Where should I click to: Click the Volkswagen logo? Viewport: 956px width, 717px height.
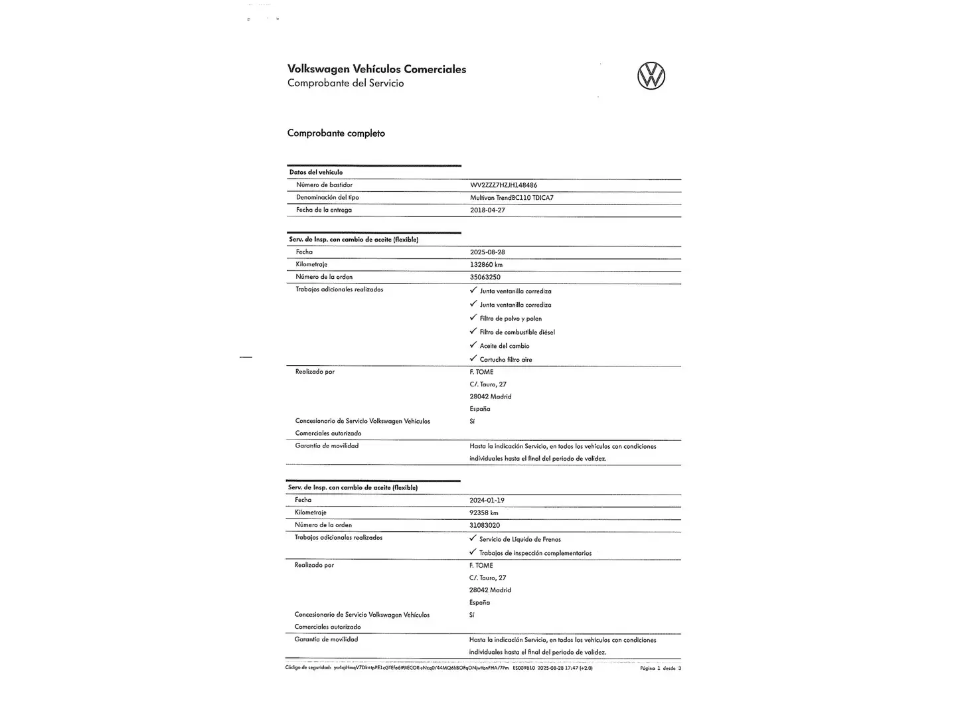(x=651, y=76)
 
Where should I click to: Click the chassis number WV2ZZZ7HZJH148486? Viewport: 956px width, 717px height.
(x=503, y=185)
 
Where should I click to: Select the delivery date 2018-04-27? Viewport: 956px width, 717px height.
(x=487, y=210)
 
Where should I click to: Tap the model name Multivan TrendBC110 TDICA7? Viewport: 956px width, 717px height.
(x=511, y=198)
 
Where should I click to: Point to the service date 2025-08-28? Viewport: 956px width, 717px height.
(x=487, y=252)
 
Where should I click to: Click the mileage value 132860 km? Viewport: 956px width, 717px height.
(x=486, y=264)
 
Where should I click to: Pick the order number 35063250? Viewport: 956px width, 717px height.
(x=485, y=277)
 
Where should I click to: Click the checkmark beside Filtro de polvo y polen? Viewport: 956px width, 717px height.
(x=473, y=318)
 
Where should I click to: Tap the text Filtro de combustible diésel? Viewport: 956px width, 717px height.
(x=517, y=332)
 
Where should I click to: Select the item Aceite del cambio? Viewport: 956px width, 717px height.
(x=505, y=346)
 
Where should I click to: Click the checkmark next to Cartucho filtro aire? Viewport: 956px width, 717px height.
(x=473, y=359)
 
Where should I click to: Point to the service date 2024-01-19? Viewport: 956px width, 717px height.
(x=487, y=501)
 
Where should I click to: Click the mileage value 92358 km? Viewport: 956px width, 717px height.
(x=483, y=513)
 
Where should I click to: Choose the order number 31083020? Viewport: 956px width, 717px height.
(x=484, y=525)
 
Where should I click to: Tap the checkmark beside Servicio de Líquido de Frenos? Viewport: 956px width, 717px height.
(x=473, y=538)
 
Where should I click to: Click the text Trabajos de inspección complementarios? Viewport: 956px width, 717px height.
(x=535, y=553)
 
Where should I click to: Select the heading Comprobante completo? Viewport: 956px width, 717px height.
(x=336, y=133)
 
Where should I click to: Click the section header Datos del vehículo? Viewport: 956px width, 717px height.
(x=316, y=173)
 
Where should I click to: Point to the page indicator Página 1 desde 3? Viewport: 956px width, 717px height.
(x=660, y=669)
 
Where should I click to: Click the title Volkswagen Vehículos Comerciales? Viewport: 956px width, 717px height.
(x=376, y=69)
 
